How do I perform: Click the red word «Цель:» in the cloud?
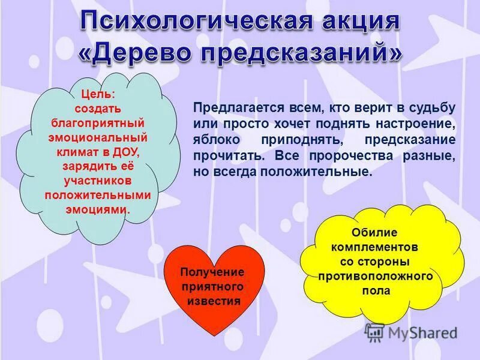pyautogui.click(x=97, y=95)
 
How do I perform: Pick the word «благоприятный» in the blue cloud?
pyautogui.click(x=97, y=124)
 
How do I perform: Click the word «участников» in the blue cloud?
pyautogui.click(x=97, y=181)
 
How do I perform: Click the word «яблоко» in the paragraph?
pyautogui.click(x=214, y=140)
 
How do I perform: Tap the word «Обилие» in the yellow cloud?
pyautogui.click(x=374, y=232)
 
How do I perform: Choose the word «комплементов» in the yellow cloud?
pyautogui.click(x=374, y=247)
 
